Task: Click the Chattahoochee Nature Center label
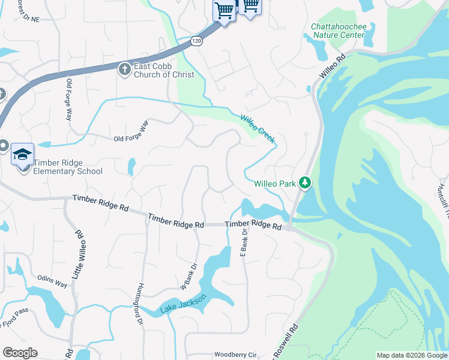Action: [x=337, y=31]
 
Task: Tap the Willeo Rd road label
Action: [x=334, y=67]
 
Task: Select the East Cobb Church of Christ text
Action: [x=164, y=70]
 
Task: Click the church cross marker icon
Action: [x=125, y=70]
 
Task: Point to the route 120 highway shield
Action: [x=196, y=41]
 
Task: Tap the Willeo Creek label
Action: [x=258, y=128]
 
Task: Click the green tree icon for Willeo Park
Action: [x=305, y=182]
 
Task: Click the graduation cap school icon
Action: [x=23, y=154]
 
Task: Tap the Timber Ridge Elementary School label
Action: [x=68, y=167]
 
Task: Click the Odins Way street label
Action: [x=52, y=277]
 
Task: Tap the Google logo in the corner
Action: [x=20, y=353]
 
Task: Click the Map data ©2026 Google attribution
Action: [x=412, y=355]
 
